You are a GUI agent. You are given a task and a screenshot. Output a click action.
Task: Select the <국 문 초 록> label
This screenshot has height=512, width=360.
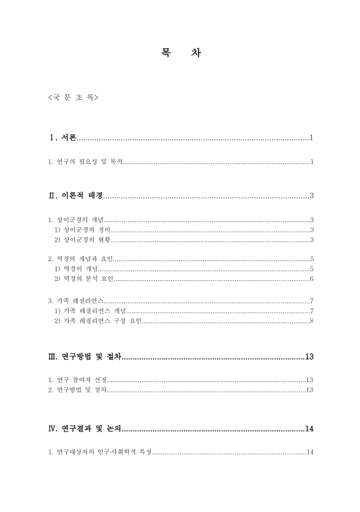(72, 99)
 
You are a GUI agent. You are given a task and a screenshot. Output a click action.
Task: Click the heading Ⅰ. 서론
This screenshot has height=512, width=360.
(63, 138)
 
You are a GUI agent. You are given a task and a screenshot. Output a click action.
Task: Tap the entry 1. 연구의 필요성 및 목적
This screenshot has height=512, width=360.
(85, 161)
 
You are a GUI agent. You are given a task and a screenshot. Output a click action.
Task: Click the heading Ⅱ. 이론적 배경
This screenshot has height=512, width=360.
(75, 196)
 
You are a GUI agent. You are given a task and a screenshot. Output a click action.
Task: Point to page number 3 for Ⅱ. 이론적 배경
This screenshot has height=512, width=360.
(311, 196)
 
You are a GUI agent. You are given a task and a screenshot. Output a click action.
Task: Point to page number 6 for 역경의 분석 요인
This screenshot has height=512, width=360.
(311, 279)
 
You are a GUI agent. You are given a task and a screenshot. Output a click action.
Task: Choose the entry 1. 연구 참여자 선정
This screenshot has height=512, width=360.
(78, 380)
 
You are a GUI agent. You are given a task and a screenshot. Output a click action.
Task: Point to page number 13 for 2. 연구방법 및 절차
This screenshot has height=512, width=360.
(309, 389)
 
